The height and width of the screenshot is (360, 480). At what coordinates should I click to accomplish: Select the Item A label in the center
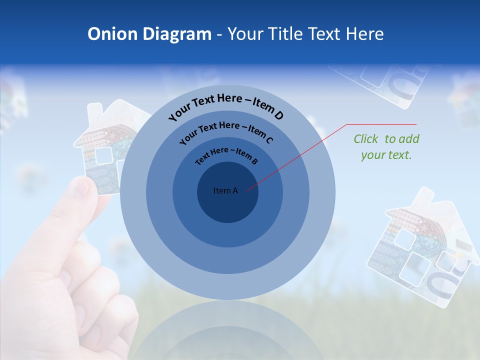(225, 190)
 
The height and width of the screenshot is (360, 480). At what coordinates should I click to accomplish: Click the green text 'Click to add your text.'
(386, 147)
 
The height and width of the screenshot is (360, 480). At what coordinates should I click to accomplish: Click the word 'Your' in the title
(248, 34)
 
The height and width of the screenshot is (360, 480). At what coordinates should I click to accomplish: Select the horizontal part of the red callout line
(381, 124)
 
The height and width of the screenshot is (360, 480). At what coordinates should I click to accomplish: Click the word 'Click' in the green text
(366, 139)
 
